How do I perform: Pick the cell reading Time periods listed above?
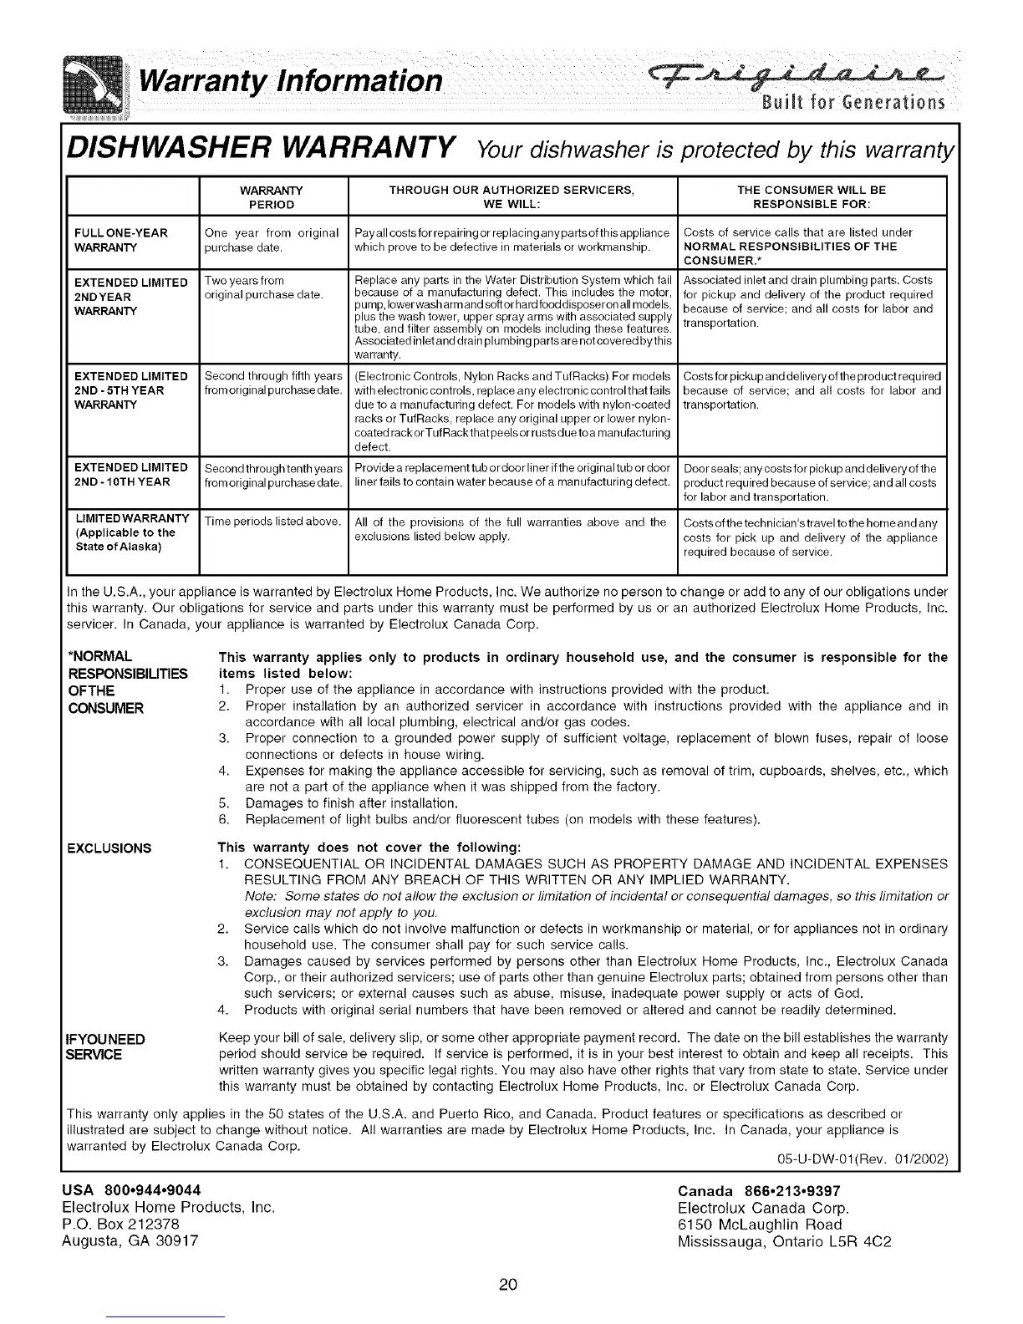pos(272,522)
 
